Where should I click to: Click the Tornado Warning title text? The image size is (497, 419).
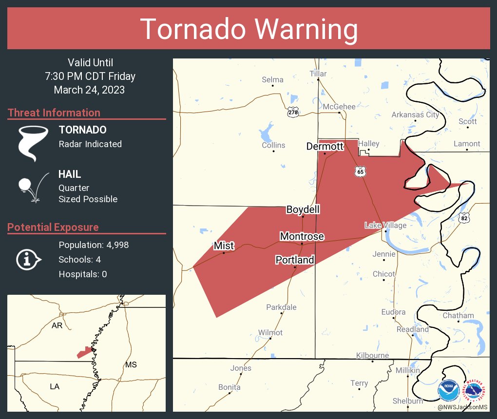tap(248, 29)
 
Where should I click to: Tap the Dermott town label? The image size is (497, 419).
tap(325, 146)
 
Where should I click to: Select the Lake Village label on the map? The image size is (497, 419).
tap(385, 225)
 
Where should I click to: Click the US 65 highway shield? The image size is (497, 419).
tap(360, 171)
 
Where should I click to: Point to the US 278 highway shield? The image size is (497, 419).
tap(292, 112)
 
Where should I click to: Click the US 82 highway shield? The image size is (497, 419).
tap(464, 218)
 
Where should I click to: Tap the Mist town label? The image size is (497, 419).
tap(224, 246)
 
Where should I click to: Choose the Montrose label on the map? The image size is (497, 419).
tap(302, 236)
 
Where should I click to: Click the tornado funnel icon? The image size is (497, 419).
tap(33, 143)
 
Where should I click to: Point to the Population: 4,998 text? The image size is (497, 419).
tap(94, 245)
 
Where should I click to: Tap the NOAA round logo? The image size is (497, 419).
tap(448, 390)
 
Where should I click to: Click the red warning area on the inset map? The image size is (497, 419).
tap(84, 352)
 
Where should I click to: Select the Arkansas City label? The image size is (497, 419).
tap(415, 115)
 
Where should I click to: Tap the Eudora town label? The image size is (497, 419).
tap(393, 312)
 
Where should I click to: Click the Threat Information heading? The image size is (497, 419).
tap(54, 113)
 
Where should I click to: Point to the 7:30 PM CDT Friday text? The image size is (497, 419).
tap(90, 76)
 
